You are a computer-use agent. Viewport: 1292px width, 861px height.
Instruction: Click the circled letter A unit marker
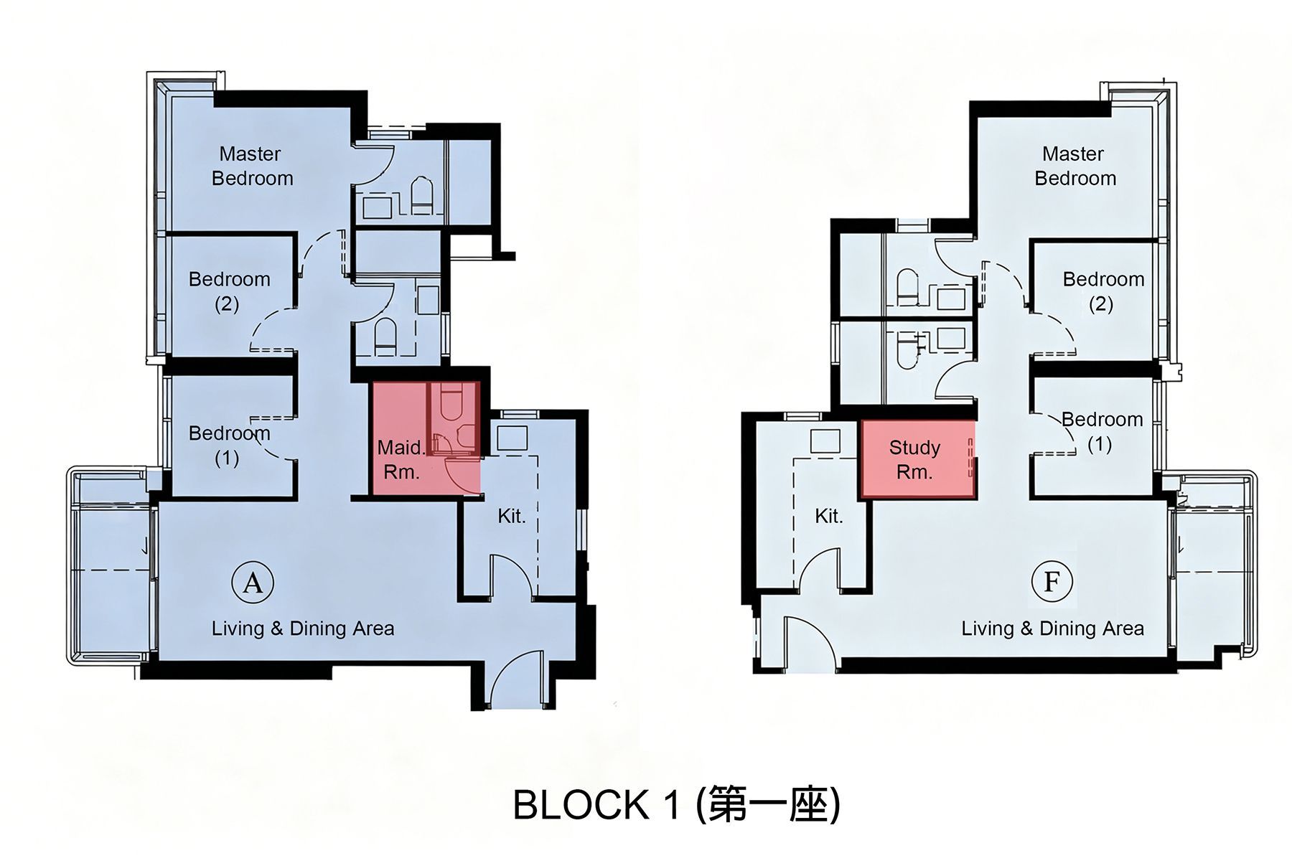coord(253,583)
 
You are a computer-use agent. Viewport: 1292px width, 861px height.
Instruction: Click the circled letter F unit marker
coord(1052,581)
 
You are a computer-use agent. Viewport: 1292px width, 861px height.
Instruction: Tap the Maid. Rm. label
coord(402,460)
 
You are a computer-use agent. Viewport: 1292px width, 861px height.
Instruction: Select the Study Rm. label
coord(914,460)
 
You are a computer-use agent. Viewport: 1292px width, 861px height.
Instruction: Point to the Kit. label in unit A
coord(512,516)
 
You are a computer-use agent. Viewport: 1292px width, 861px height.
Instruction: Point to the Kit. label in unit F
coord(829,516)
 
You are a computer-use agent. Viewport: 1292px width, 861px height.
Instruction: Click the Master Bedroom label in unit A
coord(252,166)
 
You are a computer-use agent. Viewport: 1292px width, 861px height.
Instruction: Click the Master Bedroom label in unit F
coord(1075,166)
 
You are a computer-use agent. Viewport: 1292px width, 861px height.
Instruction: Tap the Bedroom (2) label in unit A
coord(229,291)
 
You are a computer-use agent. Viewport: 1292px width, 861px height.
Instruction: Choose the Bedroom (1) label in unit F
coord(1102,431)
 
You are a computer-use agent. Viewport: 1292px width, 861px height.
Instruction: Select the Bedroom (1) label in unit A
coord(229,446)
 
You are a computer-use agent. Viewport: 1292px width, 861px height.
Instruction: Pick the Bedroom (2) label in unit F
coord(1103,291)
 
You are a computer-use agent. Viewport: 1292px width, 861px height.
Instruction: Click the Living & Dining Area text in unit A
coord(303,629)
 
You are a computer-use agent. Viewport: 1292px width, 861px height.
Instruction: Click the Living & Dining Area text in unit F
coord(1053,629)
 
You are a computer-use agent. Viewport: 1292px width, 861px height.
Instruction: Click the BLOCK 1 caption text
coord(676,804)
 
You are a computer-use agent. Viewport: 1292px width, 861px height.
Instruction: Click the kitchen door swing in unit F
coord(816,569)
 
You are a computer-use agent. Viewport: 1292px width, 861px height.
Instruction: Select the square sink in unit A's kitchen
coord(512,438)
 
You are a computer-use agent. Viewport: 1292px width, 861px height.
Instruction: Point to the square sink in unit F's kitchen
coord(825,441)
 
